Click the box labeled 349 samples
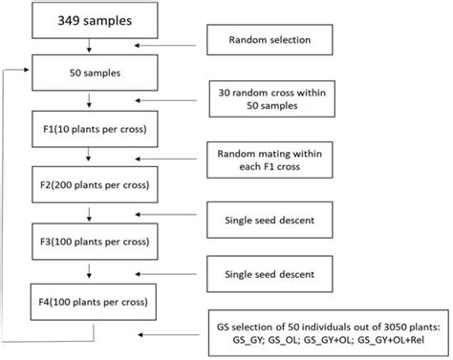point(87,19)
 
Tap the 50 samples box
point(87,71)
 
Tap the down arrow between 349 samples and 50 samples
point(87,46)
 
